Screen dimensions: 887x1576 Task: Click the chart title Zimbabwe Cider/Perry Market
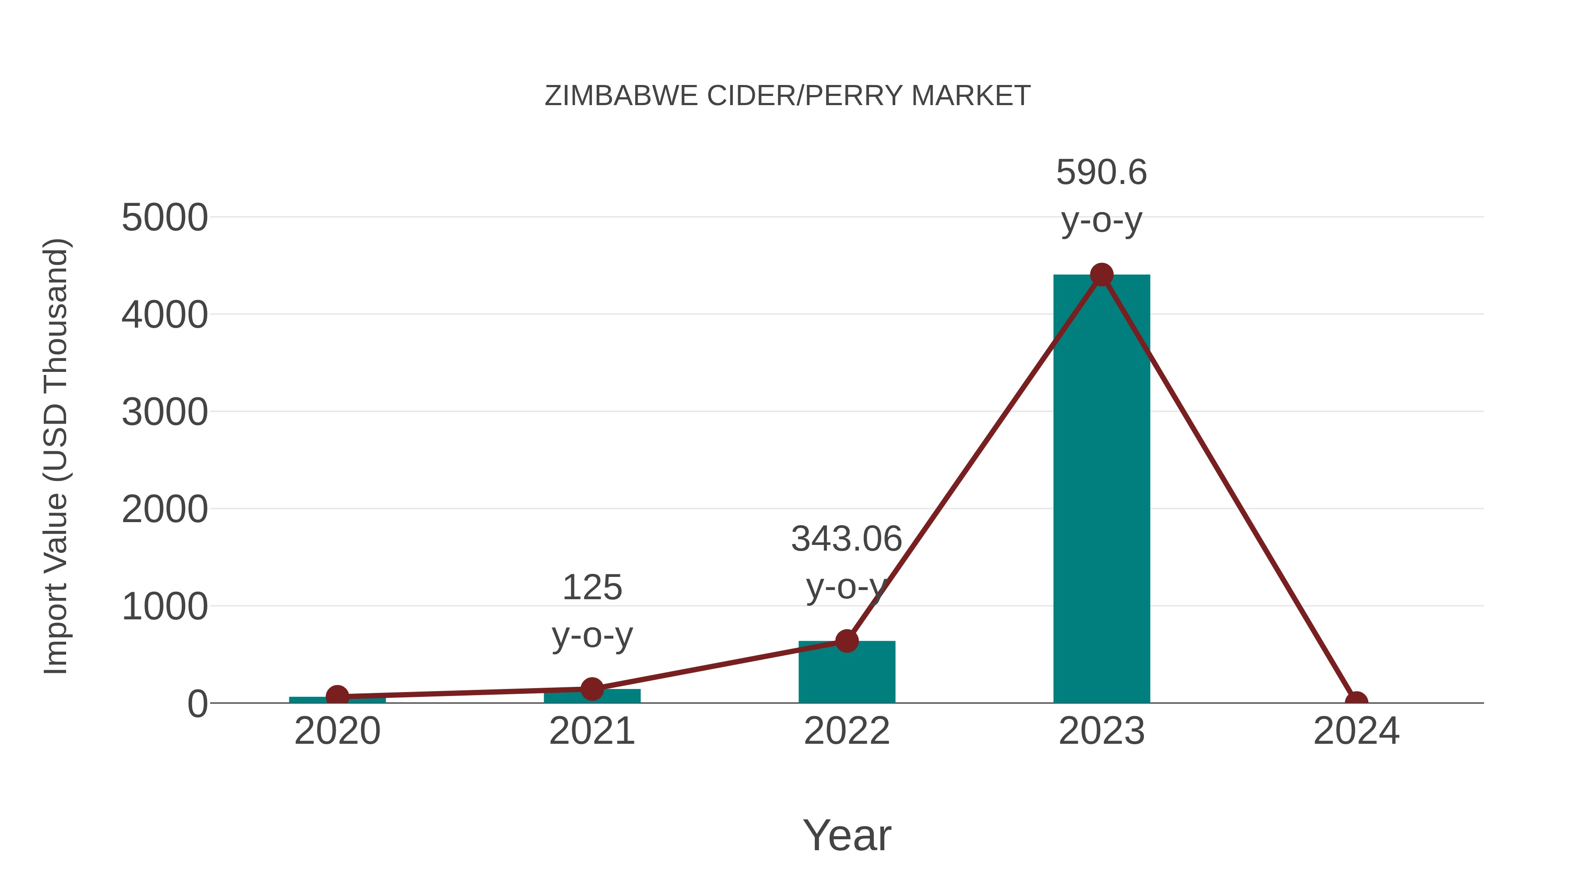[x=788, y=96]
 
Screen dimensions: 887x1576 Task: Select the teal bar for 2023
[x=1101, y=490]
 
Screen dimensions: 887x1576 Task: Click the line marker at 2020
[x=337, y=696]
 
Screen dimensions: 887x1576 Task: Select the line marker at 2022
[x=847, y=641]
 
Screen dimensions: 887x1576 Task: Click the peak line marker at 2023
[x=1101, y=275]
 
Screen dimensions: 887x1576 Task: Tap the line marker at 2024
[x=1356, y=702]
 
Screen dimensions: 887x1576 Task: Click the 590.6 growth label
[x=1101, y=172]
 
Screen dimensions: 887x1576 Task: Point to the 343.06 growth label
[x=847, y=539]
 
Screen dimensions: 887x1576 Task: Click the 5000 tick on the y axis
[x=165, y=218]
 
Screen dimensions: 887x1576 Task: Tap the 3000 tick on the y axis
[x=165, y=412]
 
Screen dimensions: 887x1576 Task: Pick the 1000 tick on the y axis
[x=165, y=607]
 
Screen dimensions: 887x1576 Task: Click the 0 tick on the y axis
[x=197, y=704]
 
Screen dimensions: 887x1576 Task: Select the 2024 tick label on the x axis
[x=1356, y=731]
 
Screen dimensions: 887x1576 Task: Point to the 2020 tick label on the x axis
[x=337, y=731]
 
